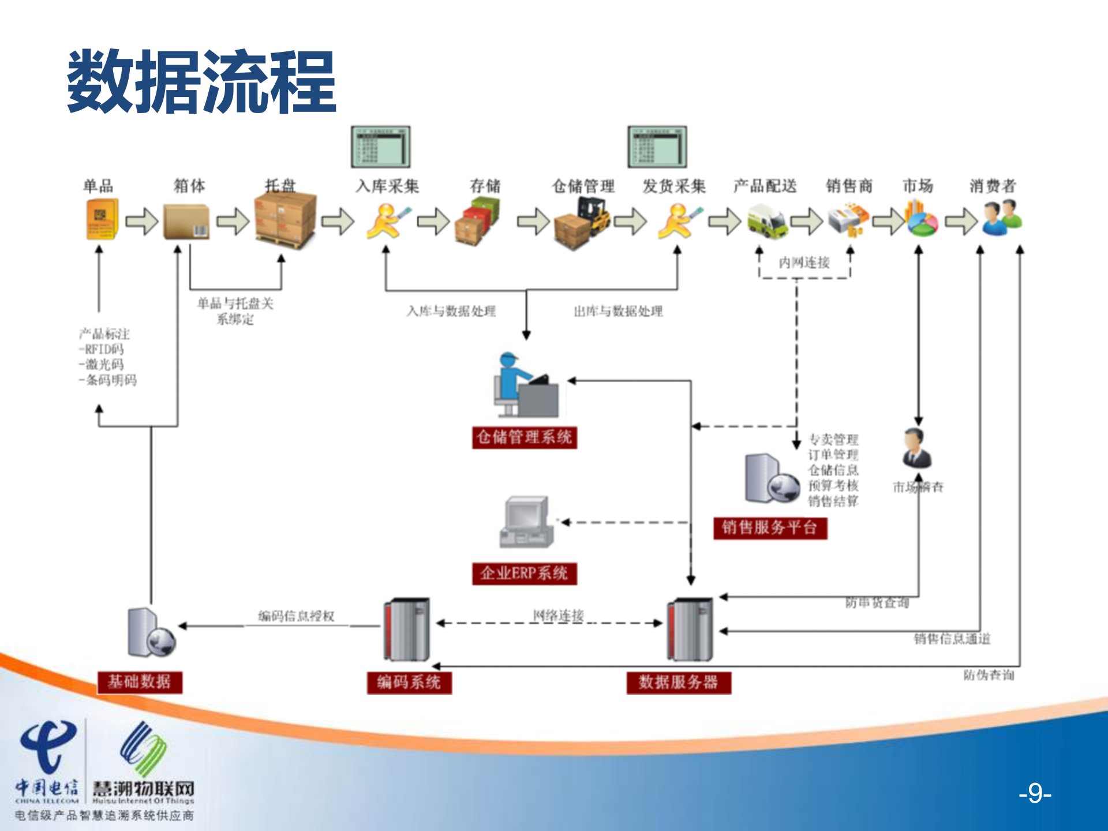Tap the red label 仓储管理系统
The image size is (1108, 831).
coord(524,437)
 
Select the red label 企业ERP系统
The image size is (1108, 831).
coord(524,574)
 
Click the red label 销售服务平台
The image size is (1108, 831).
coord(770,527)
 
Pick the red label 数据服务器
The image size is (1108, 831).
coord(679,682)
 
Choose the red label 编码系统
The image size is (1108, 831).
coord(409,682)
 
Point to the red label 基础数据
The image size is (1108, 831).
coord(140,682)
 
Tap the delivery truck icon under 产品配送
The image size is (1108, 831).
coord(766,222)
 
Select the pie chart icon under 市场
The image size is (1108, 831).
coord(921,219)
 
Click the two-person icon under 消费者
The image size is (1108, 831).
coord(1002,218)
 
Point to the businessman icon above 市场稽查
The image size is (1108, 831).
coord(916,448)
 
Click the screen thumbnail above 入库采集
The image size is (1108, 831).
coord(381,147)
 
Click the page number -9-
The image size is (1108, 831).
coord(1035,794)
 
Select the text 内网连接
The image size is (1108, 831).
coord(804,263)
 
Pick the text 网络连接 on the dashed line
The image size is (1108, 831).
coord(558,615)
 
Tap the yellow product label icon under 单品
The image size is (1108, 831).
coord(102,219)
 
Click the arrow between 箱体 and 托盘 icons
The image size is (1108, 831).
coord(233,221)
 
